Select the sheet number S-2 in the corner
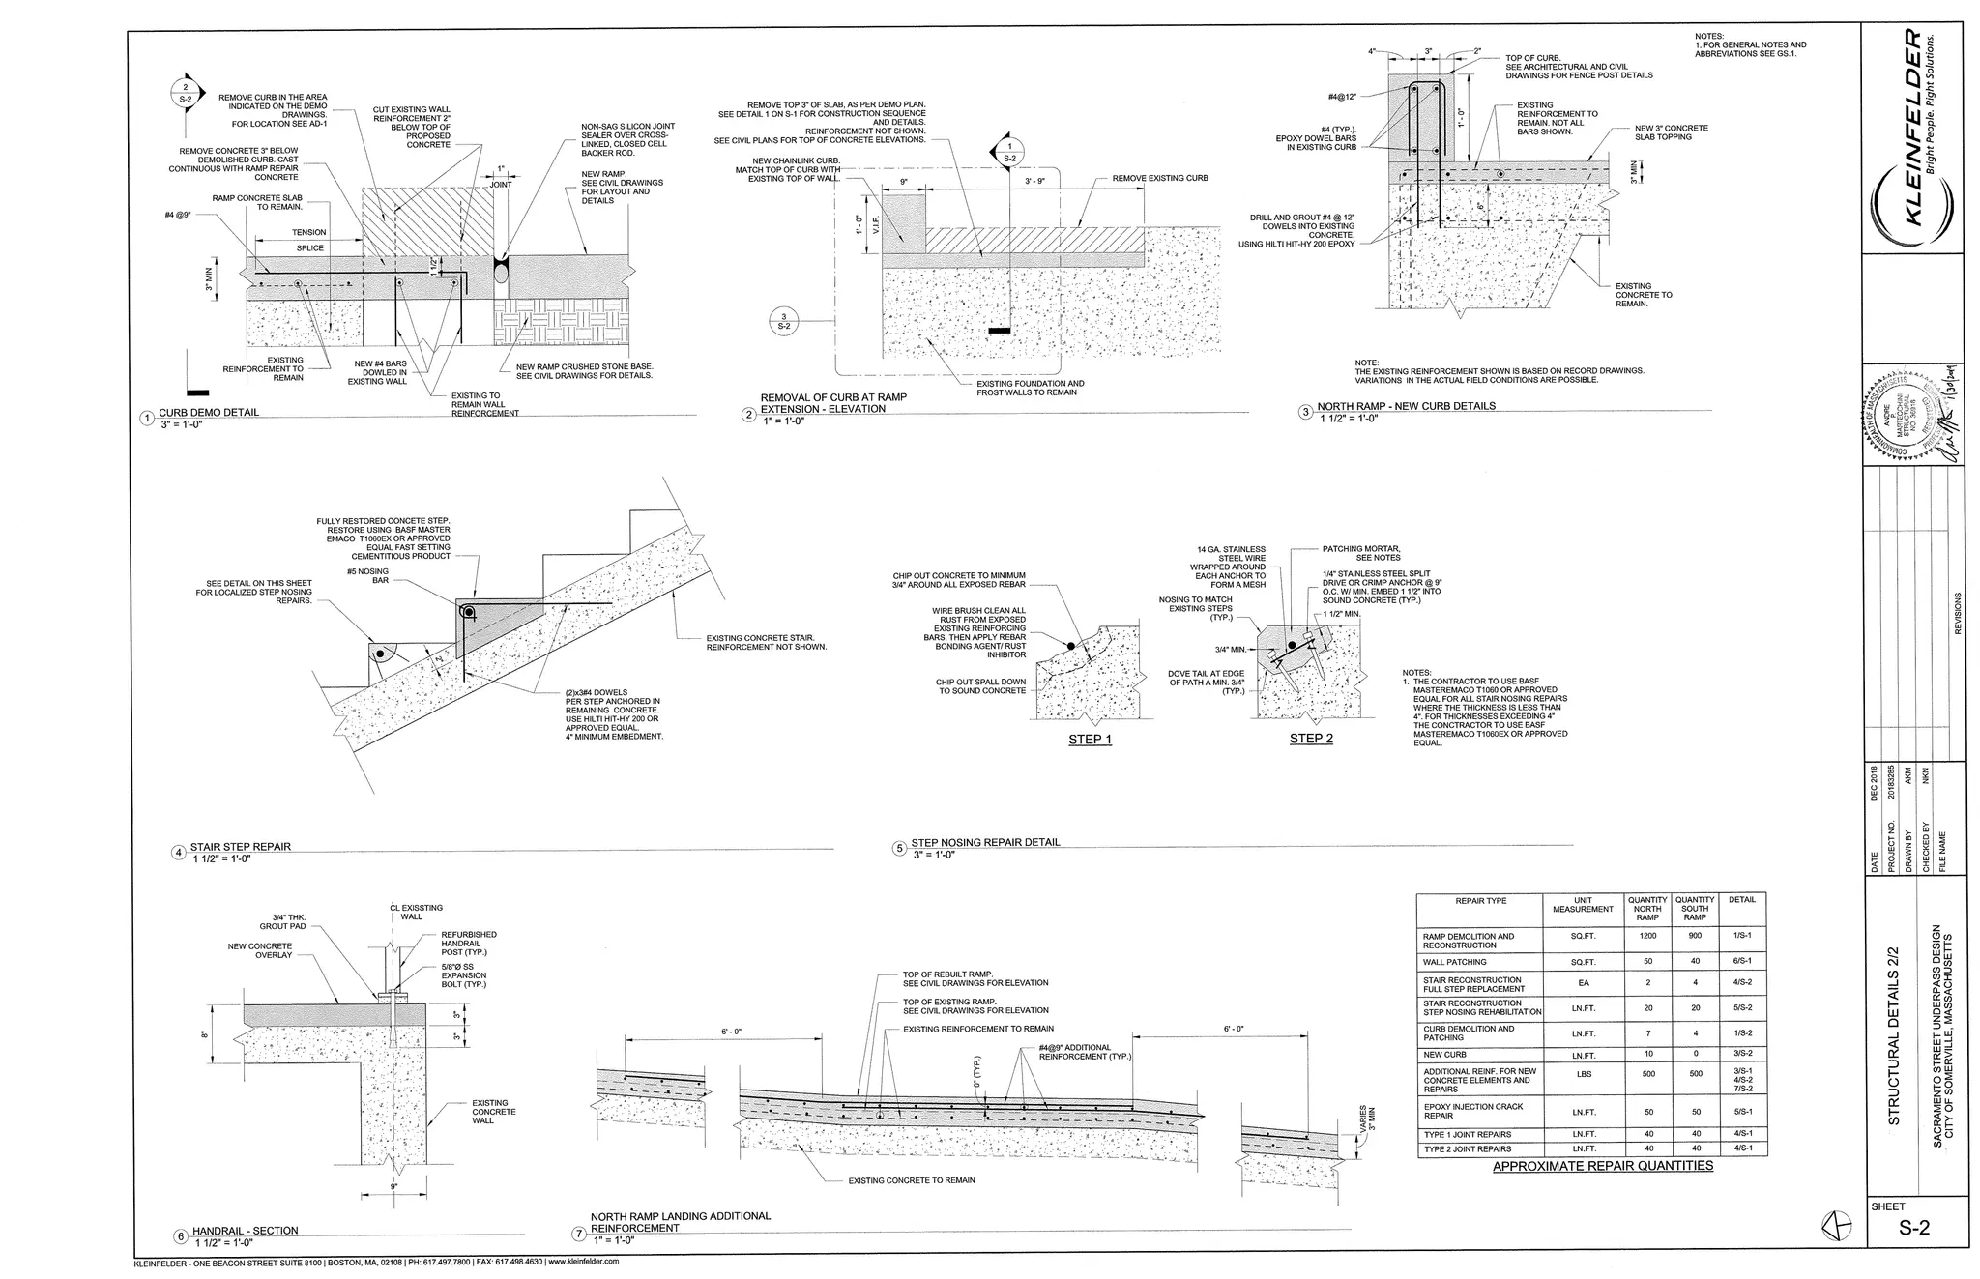pos(1914,1229)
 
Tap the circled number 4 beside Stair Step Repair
pos(179,853)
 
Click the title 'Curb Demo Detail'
pos(209,413)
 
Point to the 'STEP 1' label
pos(1090,740)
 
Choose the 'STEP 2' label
pos(1311,739)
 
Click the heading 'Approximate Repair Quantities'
pos(1602,1166)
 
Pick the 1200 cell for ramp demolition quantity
pos(1647,937)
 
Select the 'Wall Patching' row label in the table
pos(1454,963)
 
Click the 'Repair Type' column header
pos(1480,901)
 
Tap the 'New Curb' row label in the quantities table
pos(1444,1055)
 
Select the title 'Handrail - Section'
pos(245,1231)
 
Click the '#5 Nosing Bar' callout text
pos(367,576)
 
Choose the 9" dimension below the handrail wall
pos(394,1186)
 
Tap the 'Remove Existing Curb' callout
pos(1159,178)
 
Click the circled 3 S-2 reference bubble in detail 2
pos(784,321)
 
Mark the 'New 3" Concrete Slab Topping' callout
pos(1671,132)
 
